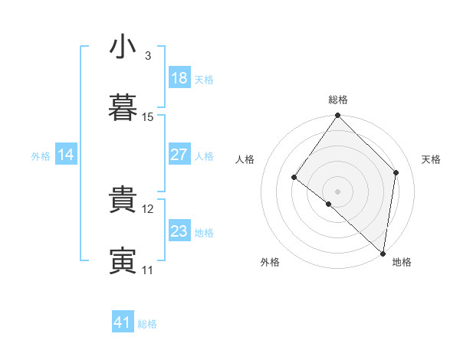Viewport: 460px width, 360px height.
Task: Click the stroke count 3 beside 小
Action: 148,56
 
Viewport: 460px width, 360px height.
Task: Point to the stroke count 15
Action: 148,117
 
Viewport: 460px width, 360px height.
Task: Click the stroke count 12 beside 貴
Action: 148,208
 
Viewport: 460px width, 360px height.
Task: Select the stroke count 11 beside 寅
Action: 148,270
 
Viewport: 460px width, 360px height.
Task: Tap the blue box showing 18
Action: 179,78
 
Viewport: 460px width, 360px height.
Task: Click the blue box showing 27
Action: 179,155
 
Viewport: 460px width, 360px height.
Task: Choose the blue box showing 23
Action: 179,231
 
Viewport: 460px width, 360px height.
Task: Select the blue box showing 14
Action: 66,155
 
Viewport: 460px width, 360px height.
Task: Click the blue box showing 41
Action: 123,322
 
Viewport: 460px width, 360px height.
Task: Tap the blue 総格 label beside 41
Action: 147,324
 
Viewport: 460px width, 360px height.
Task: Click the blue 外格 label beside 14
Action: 41,156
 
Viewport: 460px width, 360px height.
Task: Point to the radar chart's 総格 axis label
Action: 338,100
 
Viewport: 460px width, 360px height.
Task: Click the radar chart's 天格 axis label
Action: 432,159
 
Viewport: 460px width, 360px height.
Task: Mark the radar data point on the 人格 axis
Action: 294,178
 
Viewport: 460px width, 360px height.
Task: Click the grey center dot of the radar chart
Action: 337,191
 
